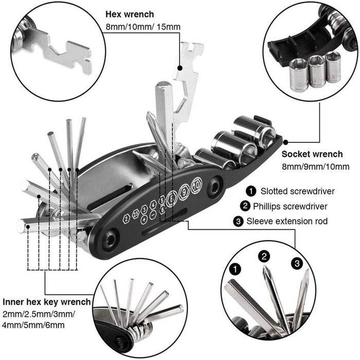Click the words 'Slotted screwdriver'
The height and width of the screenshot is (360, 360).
(291, 191)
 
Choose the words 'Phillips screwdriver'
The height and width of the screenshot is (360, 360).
(291, 206)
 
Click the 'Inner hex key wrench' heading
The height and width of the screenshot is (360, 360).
(47, 302)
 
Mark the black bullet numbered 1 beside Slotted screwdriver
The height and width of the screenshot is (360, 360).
(251, 191)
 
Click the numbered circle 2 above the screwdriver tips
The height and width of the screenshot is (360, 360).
(264, 256)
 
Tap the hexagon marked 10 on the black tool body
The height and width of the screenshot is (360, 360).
(196, 186)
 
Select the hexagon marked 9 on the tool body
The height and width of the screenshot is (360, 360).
(184, 192)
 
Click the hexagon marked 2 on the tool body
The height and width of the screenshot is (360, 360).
(127, 218)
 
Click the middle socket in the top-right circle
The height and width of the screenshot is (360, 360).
(316, 71)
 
